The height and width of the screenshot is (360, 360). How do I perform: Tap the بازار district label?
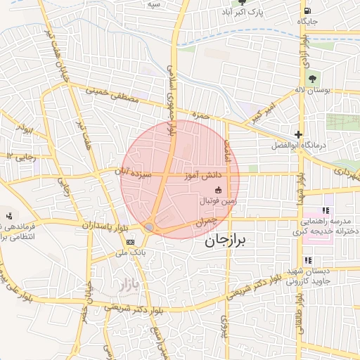[x=122, y=285]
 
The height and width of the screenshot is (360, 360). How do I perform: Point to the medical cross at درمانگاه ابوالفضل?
[x=299, y=134]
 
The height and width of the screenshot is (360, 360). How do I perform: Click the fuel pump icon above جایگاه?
[x=307, y=11]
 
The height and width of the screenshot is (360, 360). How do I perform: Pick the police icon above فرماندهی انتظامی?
[x=9, y=216]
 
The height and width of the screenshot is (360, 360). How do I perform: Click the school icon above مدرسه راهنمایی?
[x=325, y=210]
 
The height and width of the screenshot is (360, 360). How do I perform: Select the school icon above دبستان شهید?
[x=288, y=260]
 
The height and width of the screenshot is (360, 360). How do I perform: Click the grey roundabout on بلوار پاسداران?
[x=150, y=227]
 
